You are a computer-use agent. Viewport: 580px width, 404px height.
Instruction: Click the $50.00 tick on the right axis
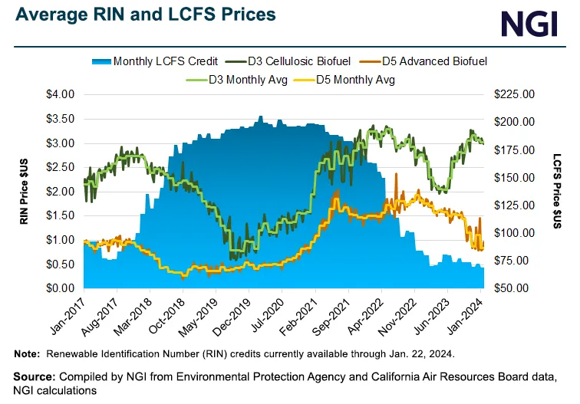[x=513, y=288]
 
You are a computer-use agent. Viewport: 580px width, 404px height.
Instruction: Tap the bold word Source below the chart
[x=34, y=377]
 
